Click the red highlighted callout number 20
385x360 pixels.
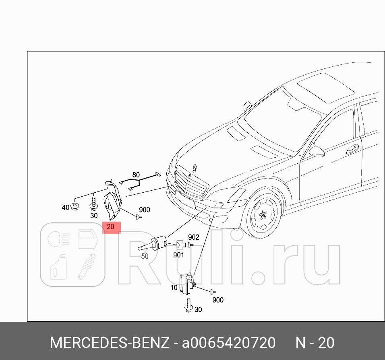pyautogui.click(x=111, y=227)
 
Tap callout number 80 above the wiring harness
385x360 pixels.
pyautogui.click(x=136, y=175)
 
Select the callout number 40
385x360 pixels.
pyautogui.click(x=66, y=208)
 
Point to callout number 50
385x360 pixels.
pyautogui.click(x=145, y=256)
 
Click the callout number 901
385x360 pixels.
pyautogui.click(x=178, y=255)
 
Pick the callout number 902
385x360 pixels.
pyautogui.click(x=194, y=237)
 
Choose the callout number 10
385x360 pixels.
pyautogui.click(x=174, y=288)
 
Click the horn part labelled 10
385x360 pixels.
pyautogui.click(x=186, y=284)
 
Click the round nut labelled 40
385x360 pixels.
pyautogui.click(x=75, y=206)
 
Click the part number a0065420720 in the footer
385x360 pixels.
pyautogui.click(x=229, y=343)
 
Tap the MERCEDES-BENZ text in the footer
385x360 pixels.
pyautogui.click(x=110, y=343)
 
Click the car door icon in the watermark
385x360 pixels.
pyautogui.click(x=87, y=240)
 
